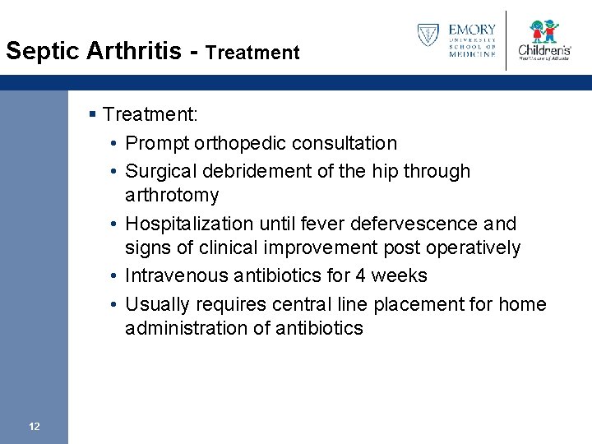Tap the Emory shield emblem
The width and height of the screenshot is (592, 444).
[x=428, y=35]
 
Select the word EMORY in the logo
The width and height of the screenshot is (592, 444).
[x=473, y=30]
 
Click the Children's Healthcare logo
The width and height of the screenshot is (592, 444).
[x=543, y=40]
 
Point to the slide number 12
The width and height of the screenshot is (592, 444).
[x=34, y=426]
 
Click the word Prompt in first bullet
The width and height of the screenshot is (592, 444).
[x=157, y=143]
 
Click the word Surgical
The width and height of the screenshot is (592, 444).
[x=160, y=171]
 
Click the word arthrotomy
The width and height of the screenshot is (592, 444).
[x=172, y=196]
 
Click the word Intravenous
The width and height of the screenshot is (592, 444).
[x=171, y=275]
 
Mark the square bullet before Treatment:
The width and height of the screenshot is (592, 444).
[x=95, y=113]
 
